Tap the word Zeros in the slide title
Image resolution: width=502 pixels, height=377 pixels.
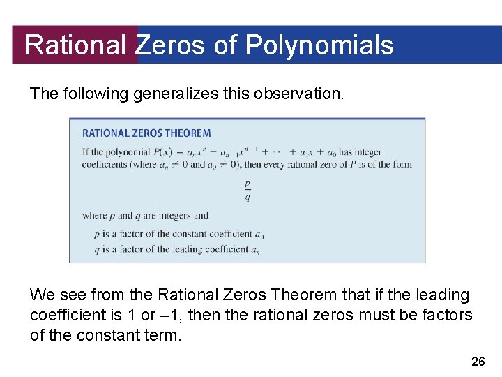[170, 45]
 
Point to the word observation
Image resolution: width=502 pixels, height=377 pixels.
[303, 94]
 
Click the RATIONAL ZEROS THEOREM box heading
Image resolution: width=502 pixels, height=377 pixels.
[146, 133]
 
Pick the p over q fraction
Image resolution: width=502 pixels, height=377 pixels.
[248, 190]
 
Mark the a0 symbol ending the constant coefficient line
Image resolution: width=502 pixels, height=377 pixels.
[259, 235]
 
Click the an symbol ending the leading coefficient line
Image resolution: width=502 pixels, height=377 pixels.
[256, 250]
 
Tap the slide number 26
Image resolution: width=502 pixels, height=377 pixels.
[478, 361]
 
